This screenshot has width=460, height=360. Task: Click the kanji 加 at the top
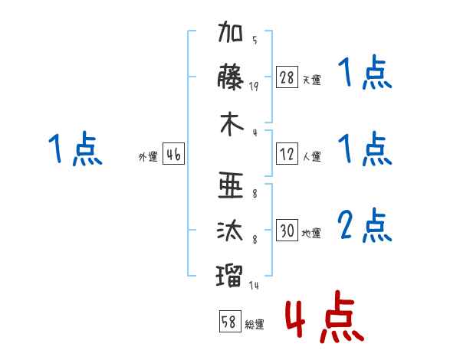click(x=231, y=31)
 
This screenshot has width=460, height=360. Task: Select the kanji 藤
click(x=231, y=77)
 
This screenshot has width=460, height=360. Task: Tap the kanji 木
click(x=232, y=124)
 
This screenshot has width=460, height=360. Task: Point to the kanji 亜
click(x=231, y=185)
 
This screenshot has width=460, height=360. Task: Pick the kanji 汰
click(x=230, y=231)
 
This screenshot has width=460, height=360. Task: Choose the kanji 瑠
click(x=229, y=276)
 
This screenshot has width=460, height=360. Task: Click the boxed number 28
click(x=287, y=77)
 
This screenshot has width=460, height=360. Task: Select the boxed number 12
click(x=287, y=154)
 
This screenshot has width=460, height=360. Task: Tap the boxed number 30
click(x=287, y=230)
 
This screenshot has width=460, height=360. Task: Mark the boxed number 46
click(x=173, y=154)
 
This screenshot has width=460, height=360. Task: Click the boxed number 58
click(x=230, y=321)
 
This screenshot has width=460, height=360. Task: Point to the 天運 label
click(x=312, y=80)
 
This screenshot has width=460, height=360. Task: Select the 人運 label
click(x=312, y=156)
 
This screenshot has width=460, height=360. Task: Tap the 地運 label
click(x=311, y=233)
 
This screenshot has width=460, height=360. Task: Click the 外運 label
click(x=148, y=156)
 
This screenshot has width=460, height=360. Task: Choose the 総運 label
click(x=255, y=324)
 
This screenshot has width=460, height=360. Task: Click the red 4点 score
click(x=324, y=316)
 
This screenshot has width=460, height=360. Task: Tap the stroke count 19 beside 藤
click(x=254, y=87)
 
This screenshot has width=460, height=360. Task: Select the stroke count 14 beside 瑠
click(x=254, y=285)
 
